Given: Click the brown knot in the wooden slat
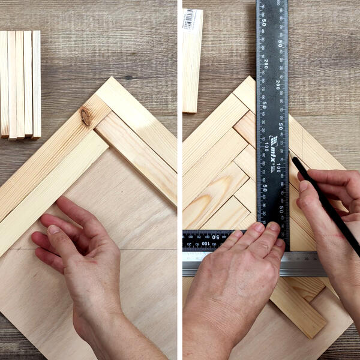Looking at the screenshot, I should coord(86,116).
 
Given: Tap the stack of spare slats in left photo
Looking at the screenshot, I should coord(20,84).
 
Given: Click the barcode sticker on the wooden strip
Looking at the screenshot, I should coord(189,19).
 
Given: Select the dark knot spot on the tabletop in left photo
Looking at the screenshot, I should coord(128,77).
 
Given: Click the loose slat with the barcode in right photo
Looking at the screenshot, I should coord(193,60).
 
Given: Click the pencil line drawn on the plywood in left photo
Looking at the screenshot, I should coord(144,248).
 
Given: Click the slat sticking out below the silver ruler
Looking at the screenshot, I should coord(297,306).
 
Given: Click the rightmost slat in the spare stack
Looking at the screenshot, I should coord(37,84).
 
